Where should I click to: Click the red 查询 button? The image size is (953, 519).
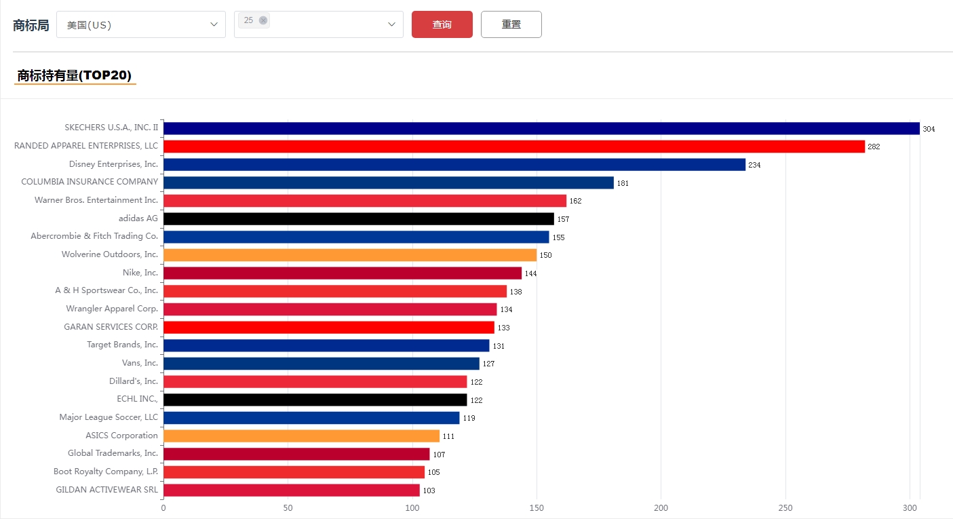(x=442, y=24)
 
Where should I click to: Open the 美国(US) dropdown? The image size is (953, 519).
(x=140, y=24)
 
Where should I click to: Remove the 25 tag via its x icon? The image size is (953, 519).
(x=263, y=20)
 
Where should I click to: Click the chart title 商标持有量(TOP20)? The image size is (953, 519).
(x=75, y=75)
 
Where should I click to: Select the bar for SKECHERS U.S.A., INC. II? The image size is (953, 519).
(x=541, y=128)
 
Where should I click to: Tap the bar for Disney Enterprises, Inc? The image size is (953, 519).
(x=454, y=164)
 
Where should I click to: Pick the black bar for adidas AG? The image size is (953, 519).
(x=358, y=218)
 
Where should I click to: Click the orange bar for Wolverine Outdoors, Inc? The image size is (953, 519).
(x=349, y=255)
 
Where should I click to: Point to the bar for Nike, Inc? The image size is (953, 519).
(x=342, y=273)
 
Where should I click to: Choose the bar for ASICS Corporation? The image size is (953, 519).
(x=301, y=436)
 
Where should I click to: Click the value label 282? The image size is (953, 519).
(x=874, y=147)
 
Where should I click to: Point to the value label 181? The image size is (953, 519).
(x=623, y=183)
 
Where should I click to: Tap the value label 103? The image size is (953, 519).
(x=429, y=491)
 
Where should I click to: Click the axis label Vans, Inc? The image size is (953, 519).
(x=140, y=363)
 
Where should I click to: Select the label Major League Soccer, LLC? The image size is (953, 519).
(x=109, y=417)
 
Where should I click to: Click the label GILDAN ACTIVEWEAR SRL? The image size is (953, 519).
(x=106, y=489)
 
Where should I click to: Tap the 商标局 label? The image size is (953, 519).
(x=31, y=25)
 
